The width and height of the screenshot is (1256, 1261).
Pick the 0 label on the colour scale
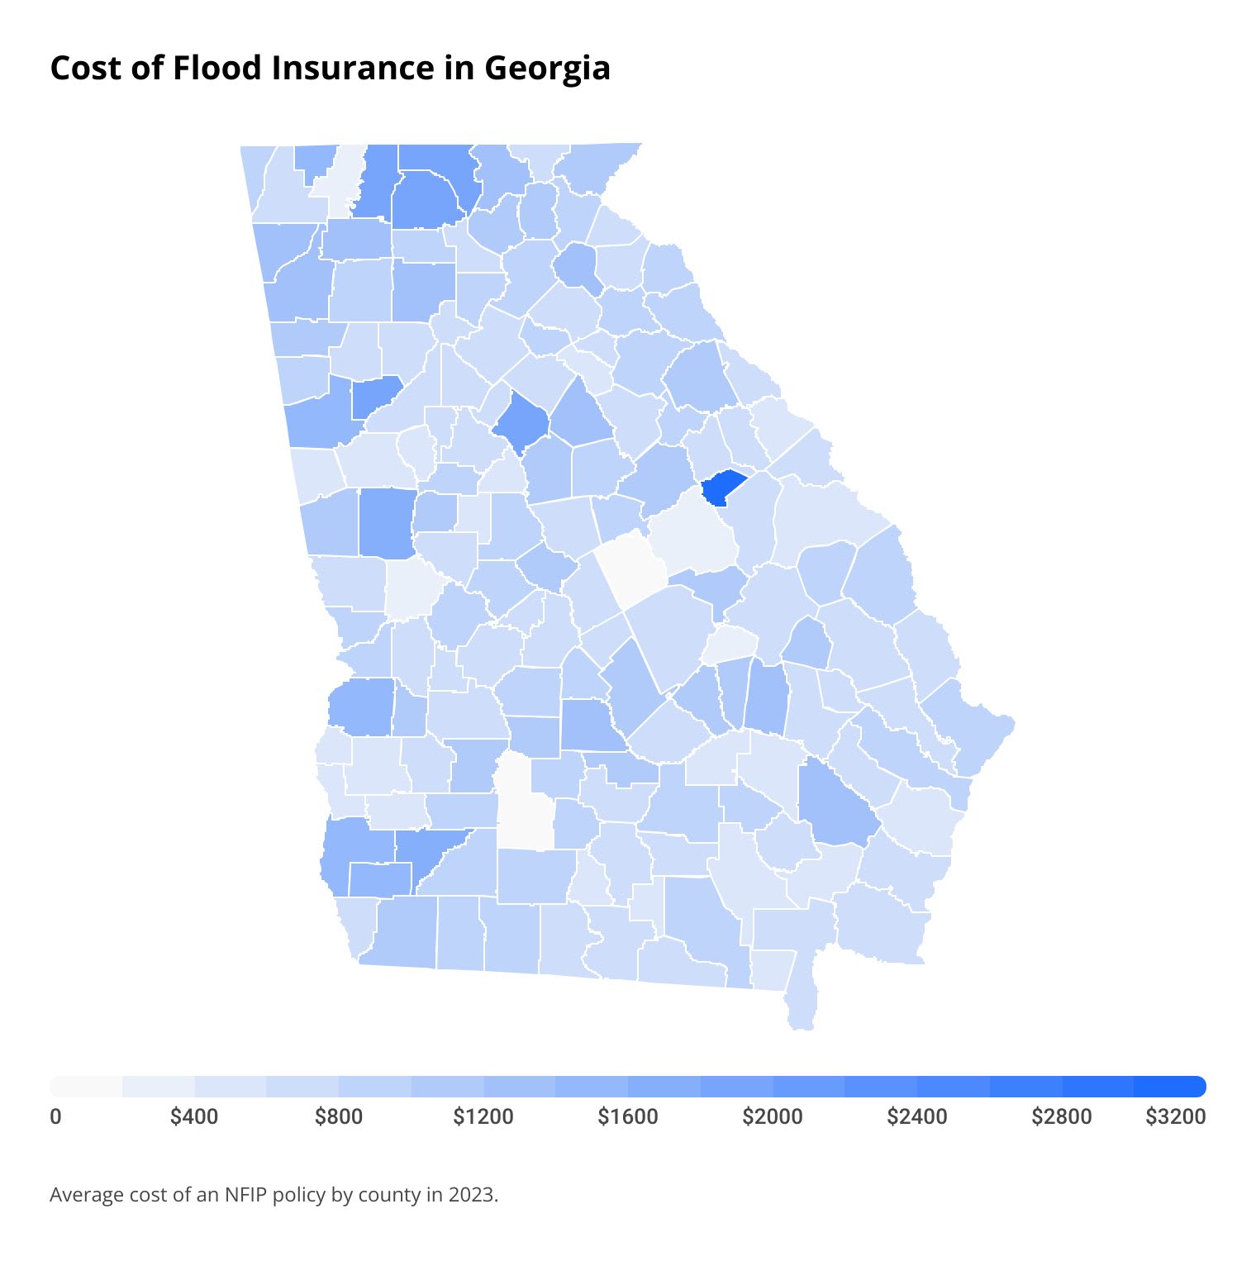pos(55,1116)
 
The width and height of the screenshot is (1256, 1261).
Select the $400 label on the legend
pos(194,1116)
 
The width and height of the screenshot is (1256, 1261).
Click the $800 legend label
pos(339,1116)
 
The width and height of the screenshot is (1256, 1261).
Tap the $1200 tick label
pos(483,1116)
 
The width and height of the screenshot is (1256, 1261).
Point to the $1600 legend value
pos(628,1116)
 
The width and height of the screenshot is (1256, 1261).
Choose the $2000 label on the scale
pos(773,1116)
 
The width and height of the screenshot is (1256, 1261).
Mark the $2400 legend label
pos(917,1116)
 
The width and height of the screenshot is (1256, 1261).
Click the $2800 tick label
pos(1062,1116)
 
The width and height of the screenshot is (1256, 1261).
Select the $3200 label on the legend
pos(1175,1116)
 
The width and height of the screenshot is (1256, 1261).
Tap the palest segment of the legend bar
pos(86,1086)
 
